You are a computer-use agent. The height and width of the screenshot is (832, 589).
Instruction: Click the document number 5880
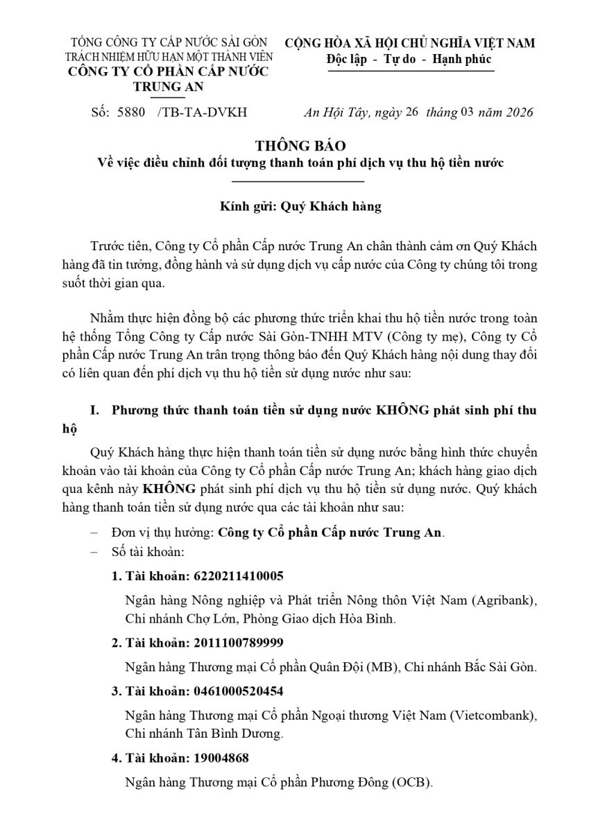[x=131, y=112]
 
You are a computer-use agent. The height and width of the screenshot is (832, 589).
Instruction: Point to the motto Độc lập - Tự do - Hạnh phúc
[x=409, y=59]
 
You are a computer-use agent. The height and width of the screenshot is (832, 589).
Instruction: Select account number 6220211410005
[x=239, y=576]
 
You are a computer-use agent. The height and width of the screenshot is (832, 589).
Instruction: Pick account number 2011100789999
[x=239, y=643]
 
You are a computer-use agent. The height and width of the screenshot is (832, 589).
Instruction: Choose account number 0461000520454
[x=239, y=691]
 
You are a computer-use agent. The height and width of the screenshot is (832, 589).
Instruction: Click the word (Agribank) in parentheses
[x=504, y=599]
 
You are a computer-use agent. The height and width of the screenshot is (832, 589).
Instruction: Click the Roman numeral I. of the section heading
[x=96, y=410]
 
